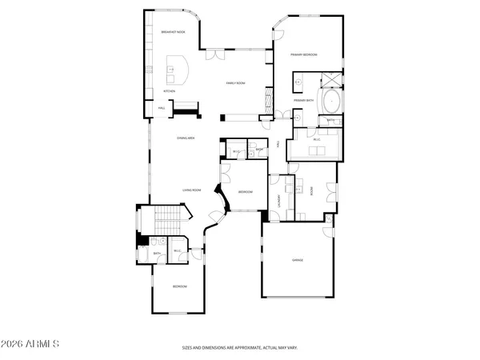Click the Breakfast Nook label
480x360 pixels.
click(174, 32)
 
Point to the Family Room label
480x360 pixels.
click(235, 82)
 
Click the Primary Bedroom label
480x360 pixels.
click(304, 54)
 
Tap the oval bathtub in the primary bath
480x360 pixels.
click(330, 102)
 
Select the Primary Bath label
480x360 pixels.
click(304, 100)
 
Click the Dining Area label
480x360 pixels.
click(187, 138)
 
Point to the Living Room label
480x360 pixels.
click(191, 190)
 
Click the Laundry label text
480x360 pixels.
click(279, 201)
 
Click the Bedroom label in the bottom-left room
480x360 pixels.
click(181, 286)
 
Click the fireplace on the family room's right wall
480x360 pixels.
click(266, 100)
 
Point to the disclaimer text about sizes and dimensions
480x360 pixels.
click(239, 348)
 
